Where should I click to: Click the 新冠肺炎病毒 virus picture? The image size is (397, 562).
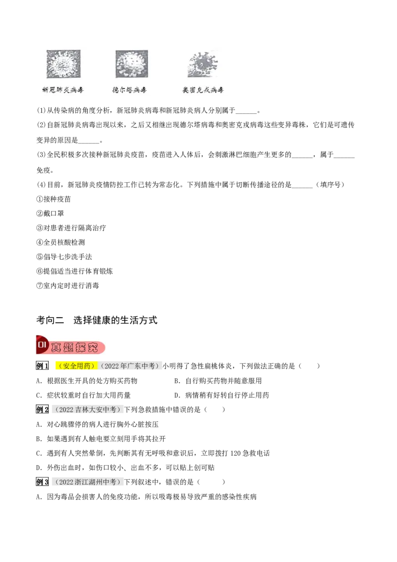coord(64,64)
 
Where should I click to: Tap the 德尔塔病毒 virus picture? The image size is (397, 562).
coord(132,64)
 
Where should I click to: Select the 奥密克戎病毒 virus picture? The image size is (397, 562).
coord(202,64)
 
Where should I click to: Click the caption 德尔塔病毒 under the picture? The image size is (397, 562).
coord(130,90)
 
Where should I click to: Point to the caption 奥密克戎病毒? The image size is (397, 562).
coord(203,90)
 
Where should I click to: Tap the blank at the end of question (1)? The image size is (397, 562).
coord(246,111)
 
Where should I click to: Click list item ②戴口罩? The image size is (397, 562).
coord(50,213)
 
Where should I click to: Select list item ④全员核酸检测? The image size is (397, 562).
coord(61,242)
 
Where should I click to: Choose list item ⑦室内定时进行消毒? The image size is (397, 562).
coord(67,285)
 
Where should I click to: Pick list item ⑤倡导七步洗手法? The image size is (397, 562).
coord(64,257)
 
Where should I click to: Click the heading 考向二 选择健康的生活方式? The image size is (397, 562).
coord(97,320)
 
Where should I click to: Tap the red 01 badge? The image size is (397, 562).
coord(42,345)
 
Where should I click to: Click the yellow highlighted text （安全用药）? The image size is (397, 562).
coord(77,366)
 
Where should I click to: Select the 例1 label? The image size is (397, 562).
coord(42,366)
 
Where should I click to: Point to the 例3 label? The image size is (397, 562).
coord(42,482)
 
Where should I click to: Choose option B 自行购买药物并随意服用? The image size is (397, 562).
coord(218,381)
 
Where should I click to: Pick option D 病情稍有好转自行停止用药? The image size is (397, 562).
coord(221,395)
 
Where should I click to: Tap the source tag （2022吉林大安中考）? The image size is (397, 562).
coord(87,410)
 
